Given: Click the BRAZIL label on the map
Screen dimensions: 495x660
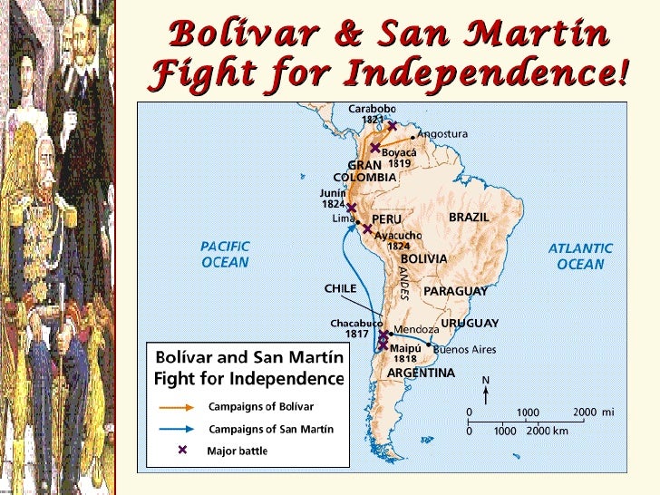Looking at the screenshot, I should click(469, 218).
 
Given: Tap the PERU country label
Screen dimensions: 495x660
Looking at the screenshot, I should click(386, 218).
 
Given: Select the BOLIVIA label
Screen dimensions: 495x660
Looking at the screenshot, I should click(423, 258).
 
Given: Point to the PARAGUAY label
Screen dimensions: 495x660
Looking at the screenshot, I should click(455, 291).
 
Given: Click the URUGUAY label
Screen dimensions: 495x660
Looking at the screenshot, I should click(470, 323).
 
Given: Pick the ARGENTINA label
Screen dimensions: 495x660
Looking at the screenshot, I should click(421, 373).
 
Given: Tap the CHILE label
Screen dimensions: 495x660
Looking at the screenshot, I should click(341, 288).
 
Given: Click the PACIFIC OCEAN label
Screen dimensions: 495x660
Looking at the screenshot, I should click(225, 255).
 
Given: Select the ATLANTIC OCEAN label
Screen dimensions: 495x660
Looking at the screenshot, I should click(580, 257).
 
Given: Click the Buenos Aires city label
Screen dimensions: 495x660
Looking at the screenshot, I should click(469, 347).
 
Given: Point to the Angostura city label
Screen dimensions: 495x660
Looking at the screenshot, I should click(442, 133).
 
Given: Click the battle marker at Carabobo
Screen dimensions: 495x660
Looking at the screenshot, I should click(392, 126).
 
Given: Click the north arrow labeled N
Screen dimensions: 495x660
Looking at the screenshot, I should click(486, 393).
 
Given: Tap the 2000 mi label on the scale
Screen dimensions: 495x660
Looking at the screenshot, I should click(594, 412).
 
